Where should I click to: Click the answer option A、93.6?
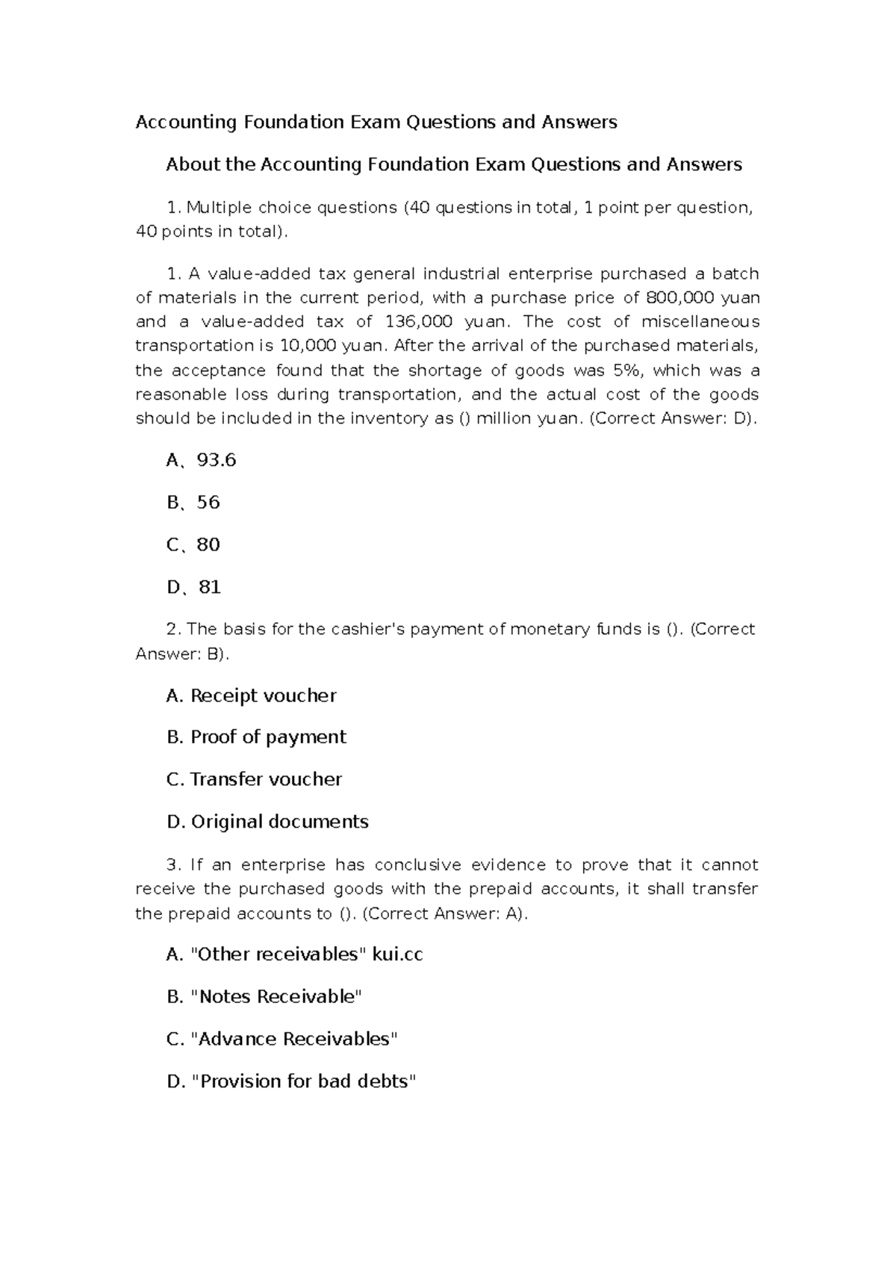click(201, 460)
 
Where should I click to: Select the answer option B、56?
click(193, 503)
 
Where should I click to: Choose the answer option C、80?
click(193, 544)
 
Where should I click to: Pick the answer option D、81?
click(193, 587)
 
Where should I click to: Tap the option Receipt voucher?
click(251, 695)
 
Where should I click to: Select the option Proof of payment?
click(256, 737)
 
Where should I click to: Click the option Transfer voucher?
click(254, 779)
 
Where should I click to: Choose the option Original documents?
click(267, 822)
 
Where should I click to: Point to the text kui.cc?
click(397, 955)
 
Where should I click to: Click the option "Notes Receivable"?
click(264, 996)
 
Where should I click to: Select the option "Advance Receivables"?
click(281, 1039)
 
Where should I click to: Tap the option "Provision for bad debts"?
click(290, 1081)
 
